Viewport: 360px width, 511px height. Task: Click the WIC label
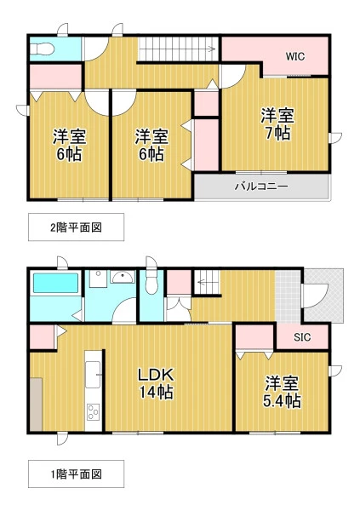coord(295,56)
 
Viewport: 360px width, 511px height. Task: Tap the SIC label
coord(302,337)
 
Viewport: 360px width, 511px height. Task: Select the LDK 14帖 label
coord(157,383)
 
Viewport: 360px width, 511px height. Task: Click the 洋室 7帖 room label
coord(277,124)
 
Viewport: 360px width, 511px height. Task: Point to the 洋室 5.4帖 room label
coord(283,392)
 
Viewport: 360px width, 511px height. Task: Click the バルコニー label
coord(261,187)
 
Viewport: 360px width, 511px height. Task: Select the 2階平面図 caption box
coord(77,227)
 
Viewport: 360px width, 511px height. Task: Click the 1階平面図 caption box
coord(77,474)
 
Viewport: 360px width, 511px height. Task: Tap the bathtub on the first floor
coord(55,283)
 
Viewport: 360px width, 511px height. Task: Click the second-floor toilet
coord(42,49)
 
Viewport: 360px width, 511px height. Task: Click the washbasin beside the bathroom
coord(123,277)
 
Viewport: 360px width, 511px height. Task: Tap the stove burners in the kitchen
coord(93,412)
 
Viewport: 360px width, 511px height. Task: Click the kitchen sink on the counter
coord(93,375)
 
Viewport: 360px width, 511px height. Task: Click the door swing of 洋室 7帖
coord(232,77)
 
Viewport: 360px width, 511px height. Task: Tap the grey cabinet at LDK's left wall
coord(36,405)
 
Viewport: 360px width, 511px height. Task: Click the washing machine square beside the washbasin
coord(98,279)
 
